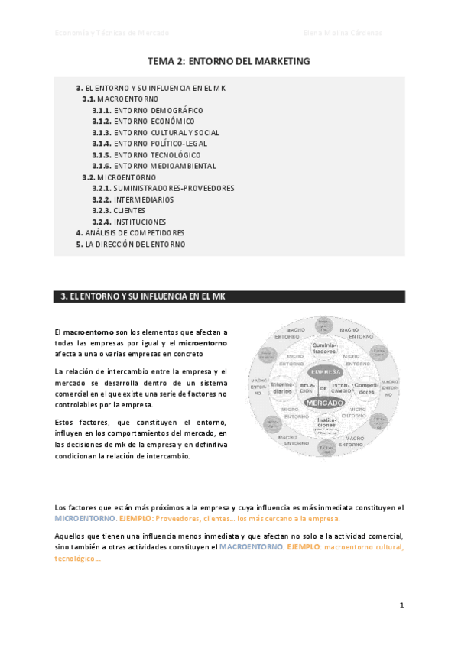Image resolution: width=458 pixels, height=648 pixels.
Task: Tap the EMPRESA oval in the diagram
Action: pyautogui.click(x=324, y=372)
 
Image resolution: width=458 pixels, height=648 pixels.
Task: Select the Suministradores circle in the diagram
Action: pyautogui.click(x=324, y=350)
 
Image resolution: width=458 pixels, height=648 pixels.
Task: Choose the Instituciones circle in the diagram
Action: pyautogui.click(x=326, y=423)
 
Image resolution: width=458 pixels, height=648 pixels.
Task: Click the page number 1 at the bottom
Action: pyautogui.click(x=401, y=605)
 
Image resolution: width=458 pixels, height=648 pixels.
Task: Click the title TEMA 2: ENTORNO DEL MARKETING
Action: pyautogui.click(x=229, y=60)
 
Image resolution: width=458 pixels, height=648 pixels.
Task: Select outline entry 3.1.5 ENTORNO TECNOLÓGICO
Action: pyautogui.click(x=146, y=154)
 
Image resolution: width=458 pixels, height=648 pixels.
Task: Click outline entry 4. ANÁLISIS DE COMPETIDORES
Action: pyautogui.click(x=130, y=232)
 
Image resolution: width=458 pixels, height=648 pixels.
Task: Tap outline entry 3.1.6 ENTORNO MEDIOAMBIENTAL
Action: pyautogui.click(x=154, y=166)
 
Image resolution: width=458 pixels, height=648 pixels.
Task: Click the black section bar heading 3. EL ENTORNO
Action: pyautogui.click(x=229, y=296)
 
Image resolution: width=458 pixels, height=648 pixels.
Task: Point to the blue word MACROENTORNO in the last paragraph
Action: pyautogui.click(x=251, y=547)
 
